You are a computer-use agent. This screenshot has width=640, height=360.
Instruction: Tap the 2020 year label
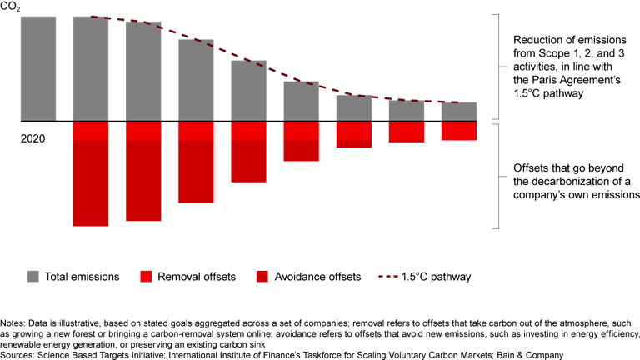click(x=33, y=137)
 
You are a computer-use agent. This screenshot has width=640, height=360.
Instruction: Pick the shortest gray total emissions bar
click(x=458, y=112)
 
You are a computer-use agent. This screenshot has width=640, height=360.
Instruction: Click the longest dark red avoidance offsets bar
click(x=91, y=182)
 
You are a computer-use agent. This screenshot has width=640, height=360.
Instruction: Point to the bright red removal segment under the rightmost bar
click(x=458, y=130)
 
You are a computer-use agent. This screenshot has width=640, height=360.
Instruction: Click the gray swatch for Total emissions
click(x=34, y=276)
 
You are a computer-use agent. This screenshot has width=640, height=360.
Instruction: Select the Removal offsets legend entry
click(x=187, y=276)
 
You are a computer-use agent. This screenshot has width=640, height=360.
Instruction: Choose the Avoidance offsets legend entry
click(x=313, y=276)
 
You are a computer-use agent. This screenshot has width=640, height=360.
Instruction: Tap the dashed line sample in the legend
click(x=395, y=276)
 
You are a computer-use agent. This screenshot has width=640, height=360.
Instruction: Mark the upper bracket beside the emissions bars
click(x=497, y=67)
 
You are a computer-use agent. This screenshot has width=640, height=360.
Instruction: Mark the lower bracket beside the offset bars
click(x=497, y=176)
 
